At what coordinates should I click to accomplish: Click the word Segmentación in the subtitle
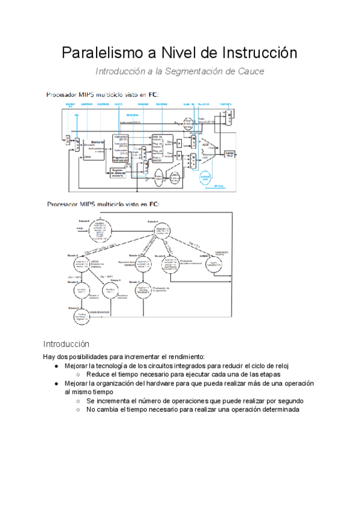coord(202,71)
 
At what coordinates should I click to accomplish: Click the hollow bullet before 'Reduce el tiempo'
coord(78,375)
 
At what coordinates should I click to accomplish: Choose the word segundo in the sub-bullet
coord(289,400)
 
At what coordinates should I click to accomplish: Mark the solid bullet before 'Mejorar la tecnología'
coord(56,366)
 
